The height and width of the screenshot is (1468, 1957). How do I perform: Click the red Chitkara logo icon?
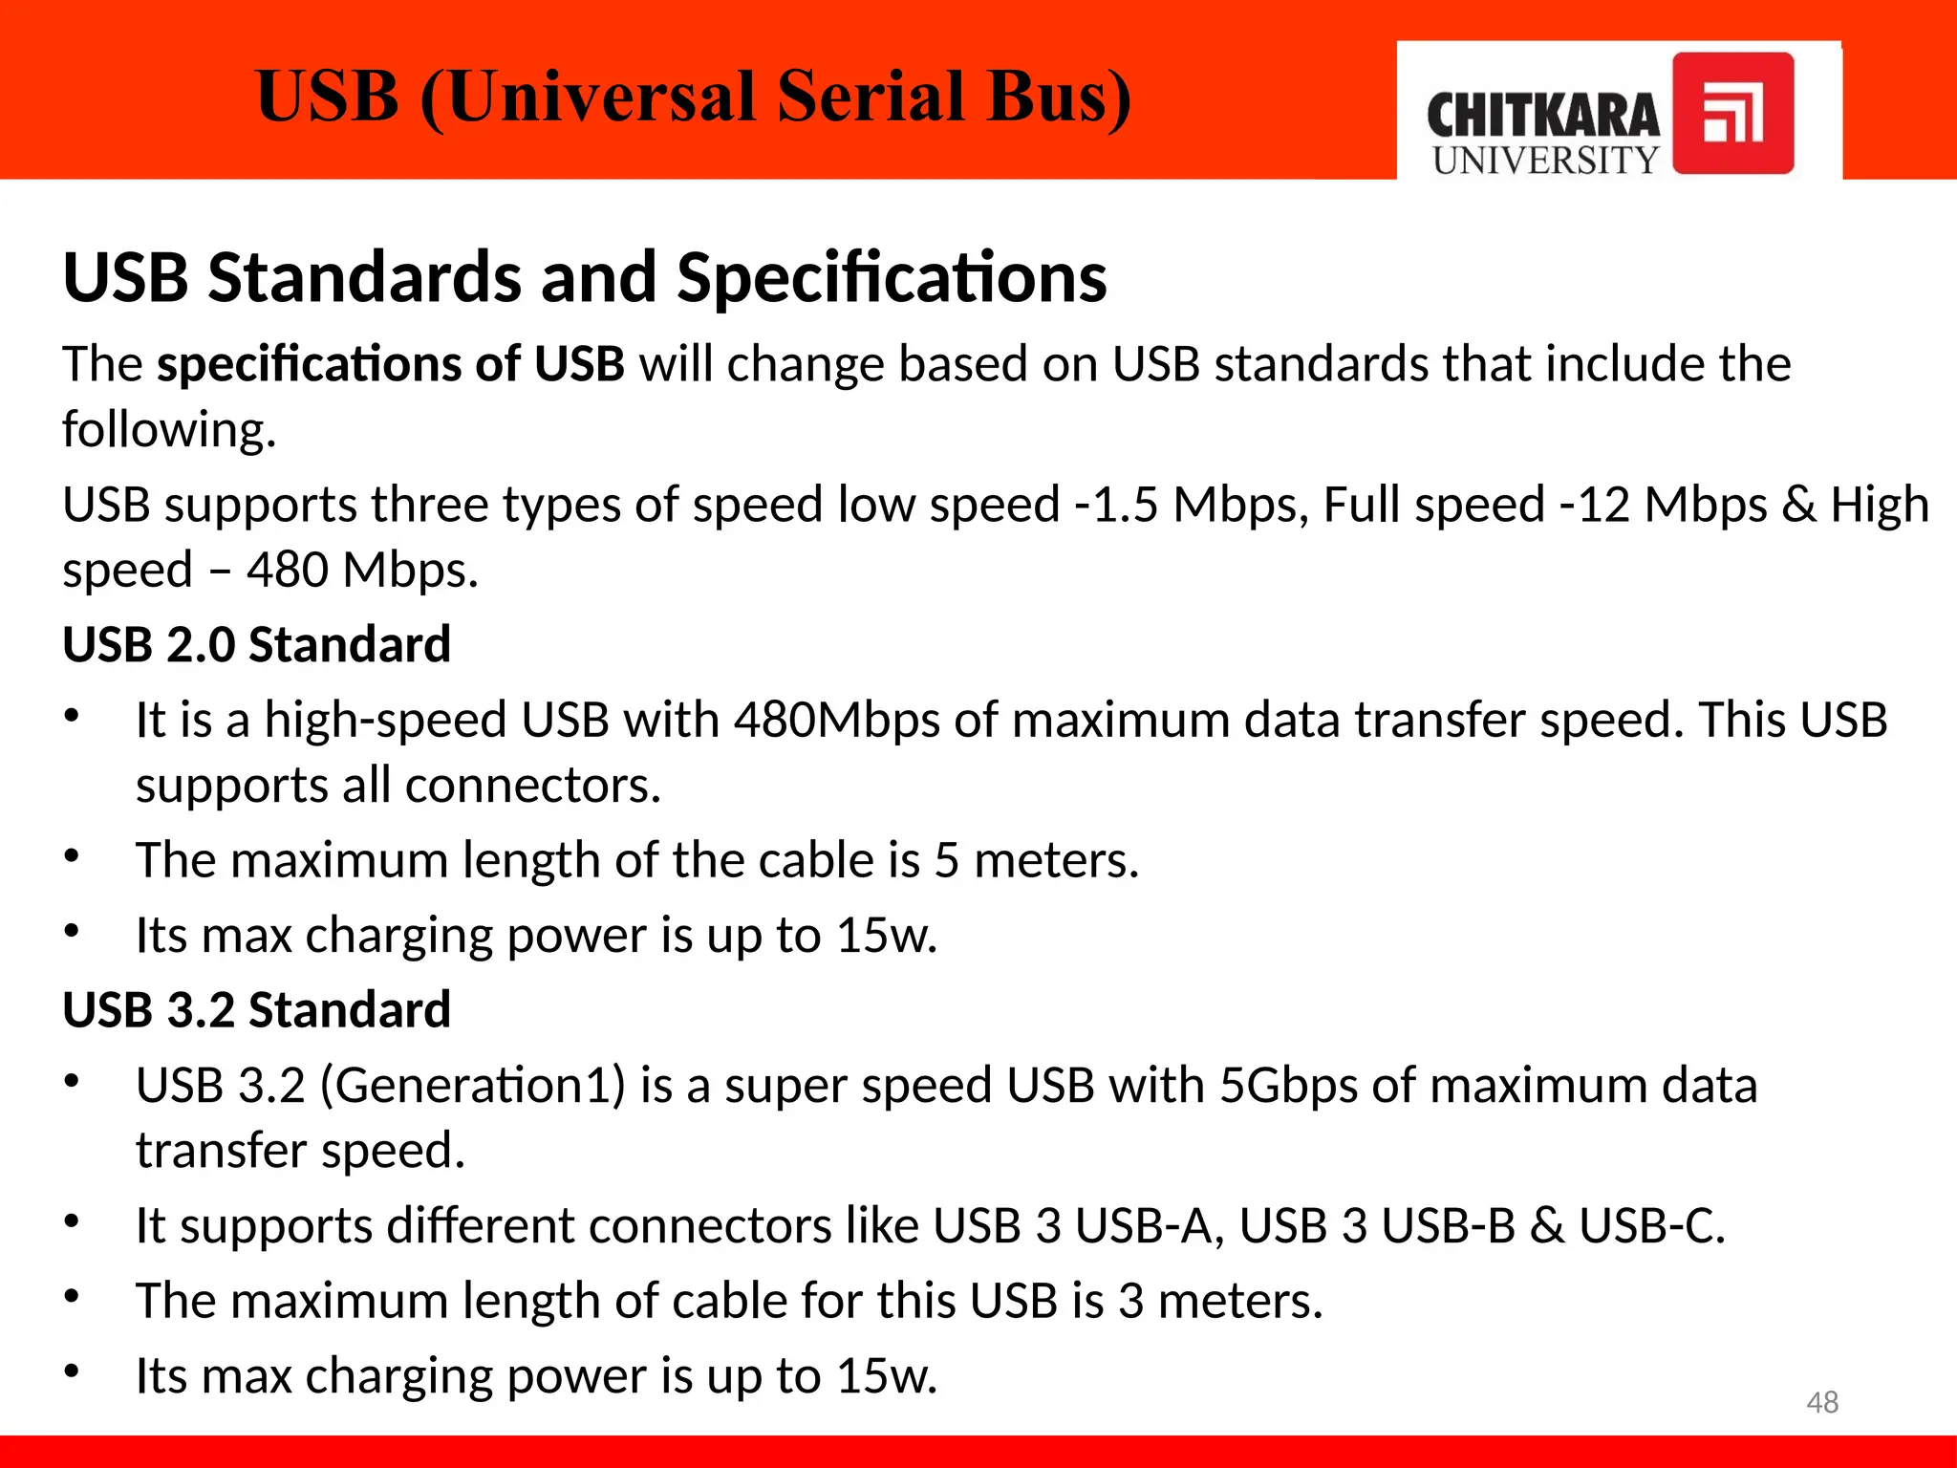click(x=1732, y=114)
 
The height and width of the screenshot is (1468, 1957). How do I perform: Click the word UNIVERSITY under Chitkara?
click(x=1545, y=161)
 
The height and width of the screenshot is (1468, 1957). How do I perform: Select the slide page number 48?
click(x=1822, y=1402)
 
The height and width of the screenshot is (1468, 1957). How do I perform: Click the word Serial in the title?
click(x=871, y=97)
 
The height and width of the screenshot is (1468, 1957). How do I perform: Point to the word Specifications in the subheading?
click(x=892, y=277)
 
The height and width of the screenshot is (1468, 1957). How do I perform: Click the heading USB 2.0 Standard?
click(x=256, y=644)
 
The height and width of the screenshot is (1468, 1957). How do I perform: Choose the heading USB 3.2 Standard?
click(x=256, y=1010)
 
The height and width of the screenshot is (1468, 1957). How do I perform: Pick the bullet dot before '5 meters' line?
click(x=72, y=856)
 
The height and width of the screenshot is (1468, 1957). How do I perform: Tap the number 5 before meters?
click(x=946, y=860)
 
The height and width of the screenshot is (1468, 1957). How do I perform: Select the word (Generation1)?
click(x=472, y=1086)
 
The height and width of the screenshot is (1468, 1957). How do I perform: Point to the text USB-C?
click(x=1651, y=1226)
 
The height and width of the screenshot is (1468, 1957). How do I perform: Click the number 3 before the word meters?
click(x=1130, y=1302)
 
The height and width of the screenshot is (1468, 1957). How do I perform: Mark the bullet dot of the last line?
click(x=72, y=1372)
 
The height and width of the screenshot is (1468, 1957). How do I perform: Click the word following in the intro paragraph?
click(x=169, y=429)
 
